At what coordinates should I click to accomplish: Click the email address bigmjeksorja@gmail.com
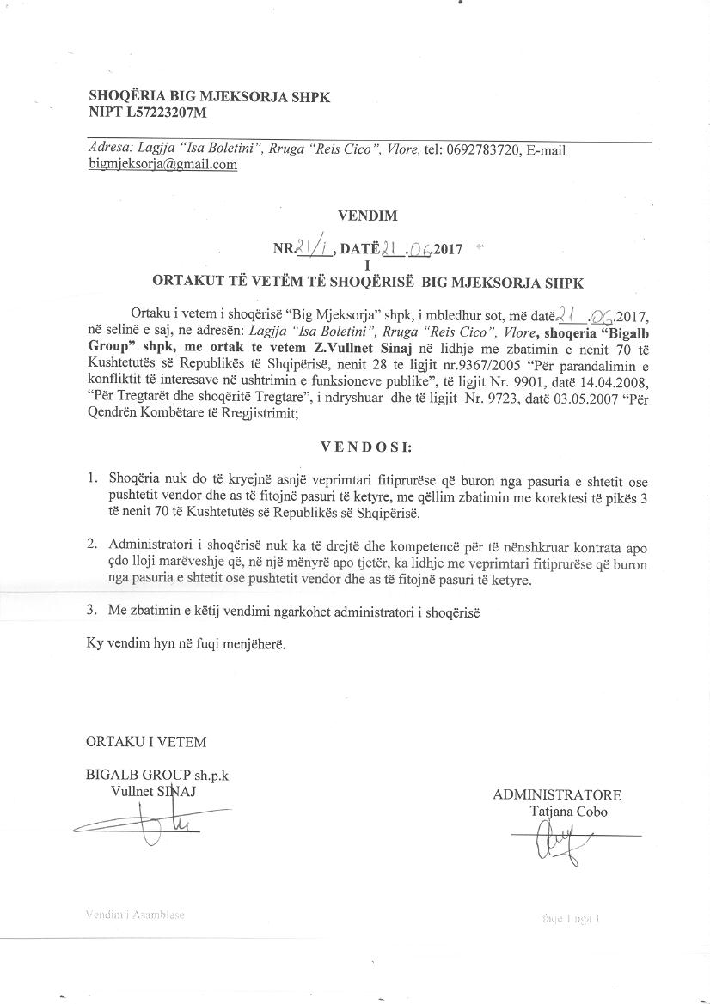(162, 165)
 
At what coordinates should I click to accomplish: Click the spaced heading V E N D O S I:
(365, 447)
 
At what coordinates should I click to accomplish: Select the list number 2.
(92, 545)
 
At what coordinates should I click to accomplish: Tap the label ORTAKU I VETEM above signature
(146, 741)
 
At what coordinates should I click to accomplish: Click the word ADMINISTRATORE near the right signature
(557, 795)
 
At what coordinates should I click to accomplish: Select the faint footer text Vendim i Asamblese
(135, 915)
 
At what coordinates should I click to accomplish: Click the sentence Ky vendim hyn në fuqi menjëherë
(185, 642)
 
